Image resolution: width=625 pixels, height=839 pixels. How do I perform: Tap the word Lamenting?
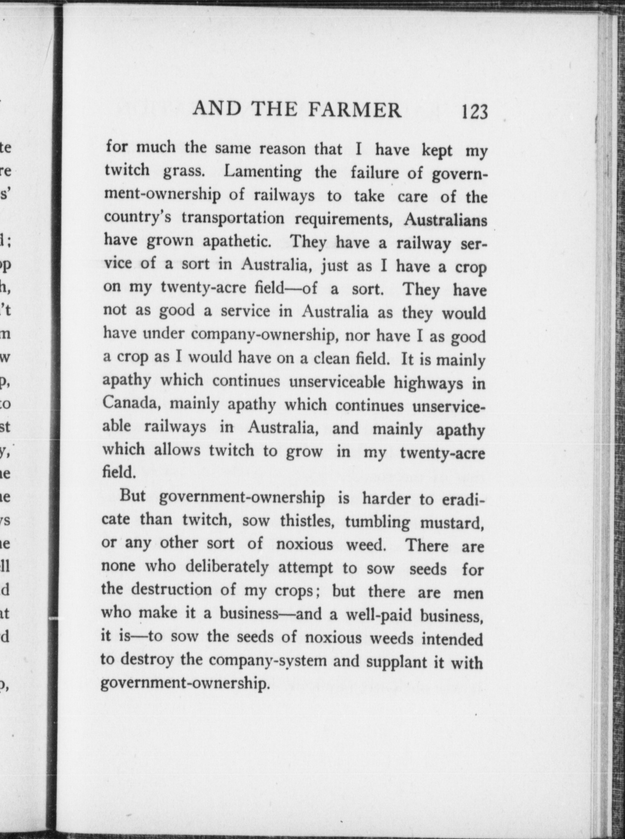(x=263, y=172)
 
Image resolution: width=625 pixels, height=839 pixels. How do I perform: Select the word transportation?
(x=233, y=218)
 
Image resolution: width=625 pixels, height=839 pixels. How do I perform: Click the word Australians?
(x=446, y=220)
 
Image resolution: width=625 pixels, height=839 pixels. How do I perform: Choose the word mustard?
(x=452, y=523)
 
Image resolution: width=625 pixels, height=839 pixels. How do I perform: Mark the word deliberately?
(x=227, y=567)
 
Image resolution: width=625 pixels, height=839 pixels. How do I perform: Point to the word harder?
(x=386, y=499)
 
